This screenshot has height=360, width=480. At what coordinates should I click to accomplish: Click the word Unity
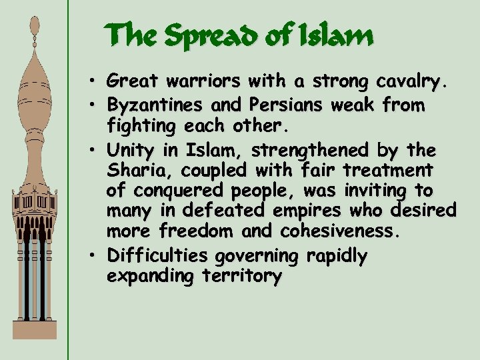128,148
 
